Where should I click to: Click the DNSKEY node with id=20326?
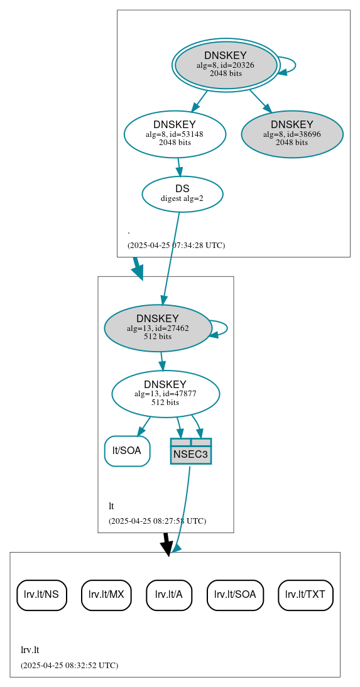226,65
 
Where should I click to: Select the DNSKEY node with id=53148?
175,134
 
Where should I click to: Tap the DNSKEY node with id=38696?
292,134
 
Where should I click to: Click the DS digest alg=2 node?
182,193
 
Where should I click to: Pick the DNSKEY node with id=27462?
157,328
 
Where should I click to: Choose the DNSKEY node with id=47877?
165,394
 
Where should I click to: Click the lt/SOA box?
127,450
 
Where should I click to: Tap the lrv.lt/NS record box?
41,594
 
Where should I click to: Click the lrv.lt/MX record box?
106,594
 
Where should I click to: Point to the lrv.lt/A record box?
168,594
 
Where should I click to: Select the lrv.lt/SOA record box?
235,594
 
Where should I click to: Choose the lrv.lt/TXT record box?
305,594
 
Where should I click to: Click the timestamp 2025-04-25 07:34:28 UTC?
176,245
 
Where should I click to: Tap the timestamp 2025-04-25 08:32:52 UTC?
69,665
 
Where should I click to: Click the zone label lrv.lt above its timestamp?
30,650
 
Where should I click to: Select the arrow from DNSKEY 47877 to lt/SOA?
145,426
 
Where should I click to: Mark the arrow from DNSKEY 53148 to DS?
179,167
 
